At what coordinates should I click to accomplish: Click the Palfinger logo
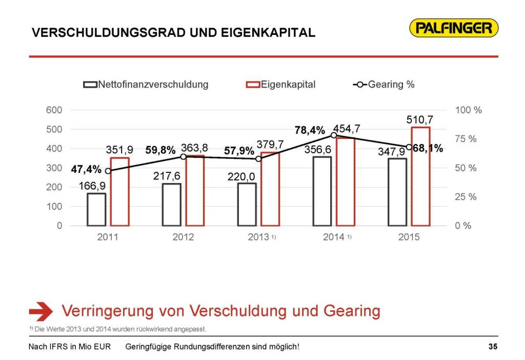(454, 28)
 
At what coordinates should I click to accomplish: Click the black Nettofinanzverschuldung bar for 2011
(96, 209)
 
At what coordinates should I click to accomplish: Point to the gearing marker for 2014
(334, 135)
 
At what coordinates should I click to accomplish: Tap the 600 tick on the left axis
(55, 110)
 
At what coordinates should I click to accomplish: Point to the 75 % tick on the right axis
(466, 139)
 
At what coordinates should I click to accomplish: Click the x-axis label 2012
(183, 237)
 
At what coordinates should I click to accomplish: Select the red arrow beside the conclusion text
(41, 311)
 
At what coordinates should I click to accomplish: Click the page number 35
(493, 347)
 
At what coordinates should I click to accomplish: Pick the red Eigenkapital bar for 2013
(270, 189)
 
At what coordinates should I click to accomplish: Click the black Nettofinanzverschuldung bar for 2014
(321, 191)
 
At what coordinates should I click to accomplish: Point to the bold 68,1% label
(428, 149)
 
